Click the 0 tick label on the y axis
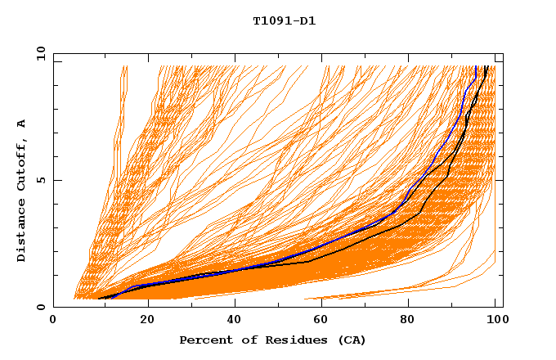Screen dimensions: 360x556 coord(40,307)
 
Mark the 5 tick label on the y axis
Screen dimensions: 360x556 coord(40,180)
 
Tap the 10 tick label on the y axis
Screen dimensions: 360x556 coord(40,53)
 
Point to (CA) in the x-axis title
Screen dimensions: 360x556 coord(351,340)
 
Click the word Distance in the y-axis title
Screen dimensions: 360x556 coord(22,232)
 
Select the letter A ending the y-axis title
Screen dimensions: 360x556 coord(22,124)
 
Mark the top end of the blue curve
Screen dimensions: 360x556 coord(477,66)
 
